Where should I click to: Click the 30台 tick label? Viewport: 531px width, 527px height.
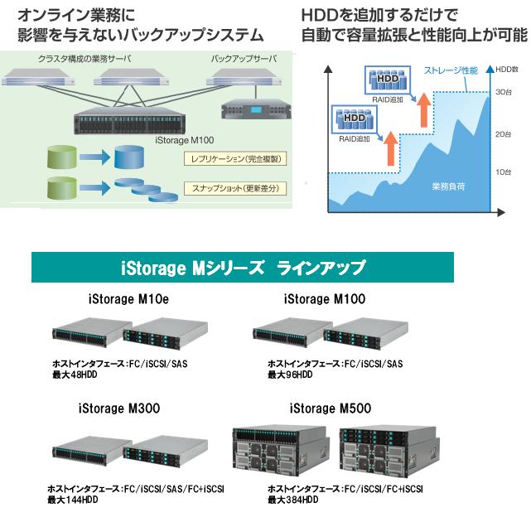tap(504, 92)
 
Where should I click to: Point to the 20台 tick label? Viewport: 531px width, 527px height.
tap(503, 134)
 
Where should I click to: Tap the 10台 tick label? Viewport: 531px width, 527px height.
tap(503, 172)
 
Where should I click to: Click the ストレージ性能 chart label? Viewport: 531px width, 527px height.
tap(451, 70)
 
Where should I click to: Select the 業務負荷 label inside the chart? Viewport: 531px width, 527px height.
tap(448, 186)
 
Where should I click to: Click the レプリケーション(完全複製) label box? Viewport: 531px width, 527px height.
tap(235, 159)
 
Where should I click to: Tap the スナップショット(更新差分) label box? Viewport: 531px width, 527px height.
tap(235, 188)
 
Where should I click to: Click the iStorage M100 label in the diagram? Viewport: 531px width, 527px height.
tap(185, 140)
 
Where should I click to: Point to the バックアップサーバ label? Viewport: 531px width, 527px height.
tap(244, 59)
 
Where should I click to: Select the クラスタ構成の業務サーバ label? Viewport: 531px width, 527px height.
tap(84, 59)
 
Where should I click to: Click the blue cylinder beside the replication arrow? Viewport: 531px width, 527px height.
tap(129, 157)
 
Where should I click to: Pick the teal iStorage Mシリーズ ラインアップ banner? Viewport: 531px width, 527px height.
tap(243, 267)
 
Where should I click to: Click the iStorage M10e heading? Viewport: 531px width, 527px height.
tap(128, 299)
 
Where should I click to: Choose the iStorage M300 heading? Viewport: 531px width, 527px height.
tap(119, 409)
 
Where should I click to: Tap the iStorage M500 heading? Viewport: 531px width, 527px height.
tap(331, 409)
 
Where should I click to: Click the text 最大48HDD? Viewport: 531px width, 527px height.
tap(75, 375)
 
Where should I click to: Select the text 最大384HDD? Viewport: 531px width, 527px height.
tap(293, 500)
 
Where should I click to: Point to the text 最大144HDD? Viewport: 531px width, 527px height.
tap(73, 500)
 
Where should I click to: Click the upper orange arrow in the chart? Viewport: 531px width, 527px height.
tap(423, 109)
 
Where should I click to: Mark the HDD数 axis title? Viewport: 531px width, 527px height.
tap(507, 70)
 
